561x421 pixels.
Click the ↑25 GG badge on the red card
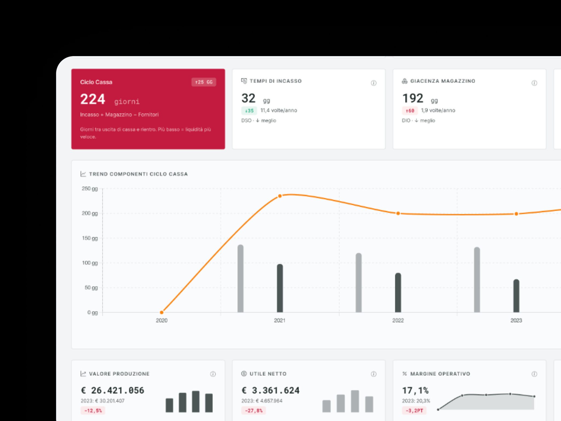click(x=204, y=82)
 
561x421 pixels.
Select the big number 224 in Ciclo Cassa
click(x=93, y=99)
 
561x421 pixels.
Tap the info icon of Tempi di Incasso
click(x=374, y=83)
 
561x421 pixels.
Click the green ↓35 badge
click(x=249, y=111)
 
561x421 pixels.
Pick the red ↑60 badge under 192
click(x=410, y=111)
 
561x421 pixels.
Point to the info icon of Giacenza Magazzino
click(x=534, y=83)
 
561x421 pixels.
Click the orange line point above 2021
click(x=280, y=196)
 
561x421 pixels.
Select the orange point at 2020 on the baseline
click(x=162, y=312)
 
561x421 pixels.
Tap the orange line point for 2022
click(x=398, y=213)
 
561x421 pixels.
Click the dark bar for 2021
click(x=280, y=288)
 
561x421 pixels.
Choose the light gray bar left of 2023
click(x=477, y=280)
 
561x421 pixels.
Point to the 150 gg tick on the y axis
click(x=90, y=238)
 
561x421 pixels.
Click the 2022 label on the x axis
click(x=398, y=320)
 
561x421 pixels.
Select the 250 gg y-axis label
click(x=90, y=189)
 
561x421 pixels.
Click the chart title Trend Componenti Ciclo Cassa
click(x=138, y=174)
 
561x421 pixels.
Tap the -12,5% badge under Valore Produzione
click(x=93, y=410)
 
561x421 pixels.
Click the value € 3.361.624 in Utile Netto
click(x=270, y=390)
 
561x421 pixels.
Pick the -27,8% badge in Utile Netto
click(x=254, y=410)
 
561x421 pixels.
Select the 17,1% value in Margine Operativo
click(x=415, y=390)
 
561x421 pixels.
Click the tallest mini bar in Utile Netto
click(x=355, y=401)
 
